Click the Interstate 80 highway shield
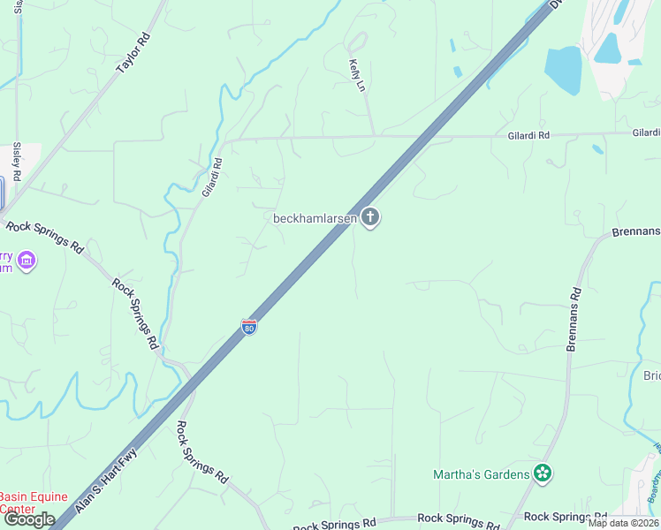click(x=249, y=327)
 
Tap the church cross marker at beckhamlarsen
click(x=370, y=217)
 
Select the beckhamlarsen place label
click(x=315, y=218)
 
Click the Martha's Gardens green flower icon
click(x=543, y=474)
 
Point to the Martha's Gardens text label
click(x=481, y=474)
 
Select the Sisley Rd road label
click(x=17, y=160)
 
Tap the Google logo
click(x=29, y=519)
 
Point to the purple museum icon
click(x=27, y=261)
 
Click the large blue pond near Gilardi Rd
click(x=563, y=70)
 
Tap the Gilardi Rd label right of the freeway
click(x=528, y=135)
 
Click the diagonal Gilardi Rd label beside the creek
click(x=210, y=178)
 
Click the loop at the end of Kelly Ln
click(x=356, y=42)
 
